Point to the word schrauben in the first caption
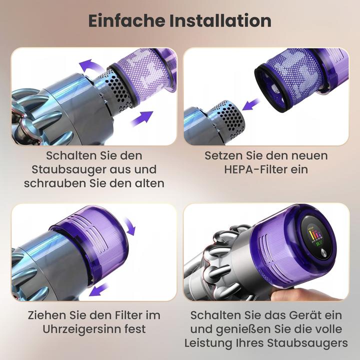pyautogui.click(x=54, y=183)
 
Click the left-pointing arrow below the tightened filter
pyautogui.click(x=101, y=289)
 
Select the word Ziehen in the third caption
pyautogui.click(x=42, y=315)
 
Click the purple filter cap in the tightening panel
pyautogui.click(x=92, y=245)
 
